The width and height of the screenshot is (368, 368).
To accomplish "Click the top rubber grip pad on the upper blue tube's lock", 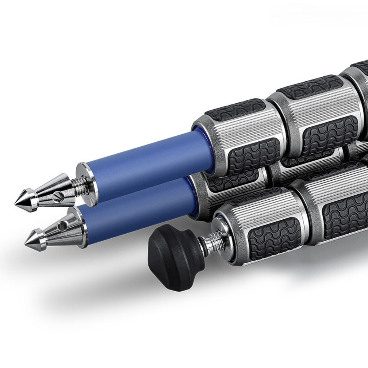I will pyautogui.click(x=235, y=110).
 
